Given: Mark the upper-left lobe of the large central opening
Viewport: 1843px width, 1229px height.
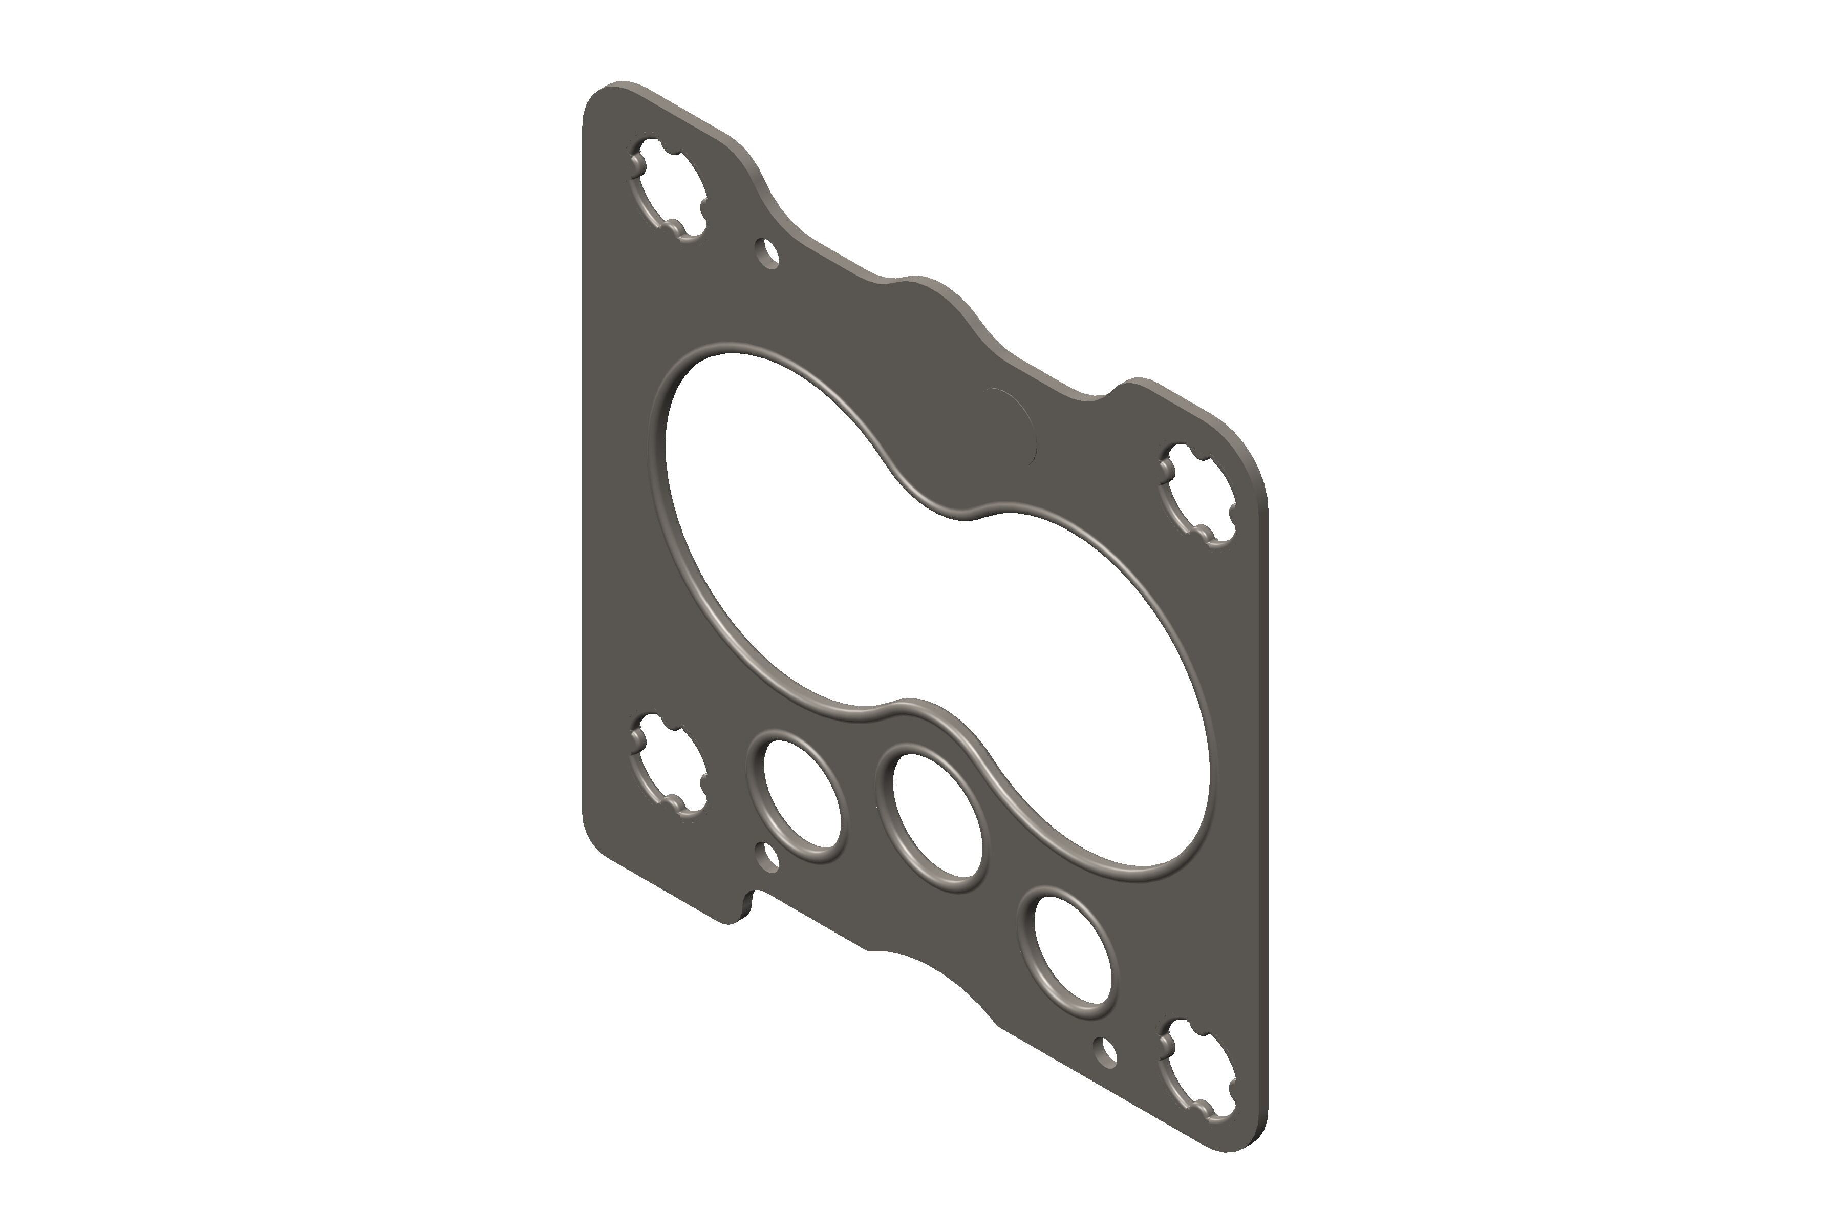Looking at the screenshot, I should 768,486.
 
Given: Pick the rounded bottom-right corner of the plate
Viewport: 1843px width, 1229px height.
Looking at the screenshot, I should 1246,1152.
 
